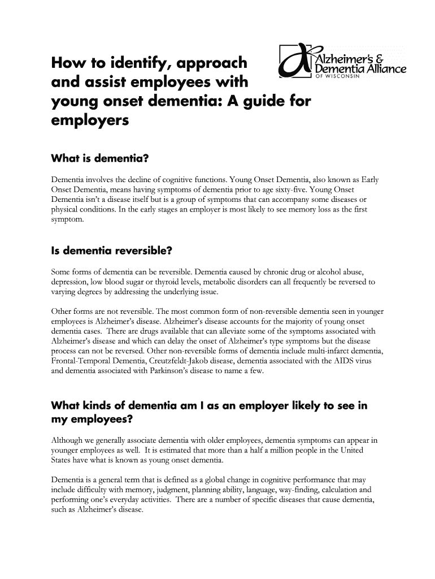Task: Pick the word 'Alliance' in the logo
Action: (x=385, y=69)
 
